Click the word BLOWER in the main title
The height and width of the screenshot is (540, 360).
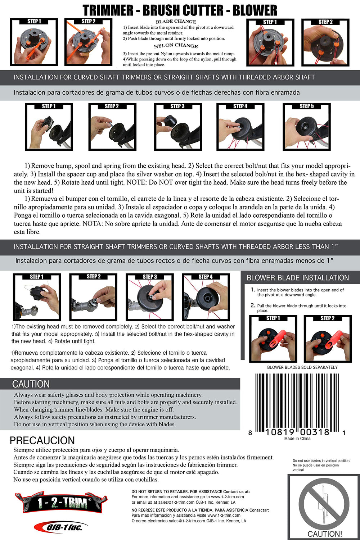coord(255,10)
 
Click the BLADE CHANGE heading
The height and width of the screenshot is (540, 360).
coord(176,22)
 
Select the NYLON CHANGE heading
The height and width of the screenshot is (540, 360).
coord(176,46)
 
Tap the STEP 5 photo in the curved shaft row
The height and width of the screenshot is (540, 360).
coord(306,127)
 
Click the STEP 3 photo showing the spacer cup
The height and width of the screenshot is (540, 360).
coord(178,127)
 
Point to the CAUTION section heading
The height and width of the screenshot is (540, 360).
coord(31,384)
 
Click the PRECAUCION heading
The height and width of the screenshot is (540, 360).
coord(42,440)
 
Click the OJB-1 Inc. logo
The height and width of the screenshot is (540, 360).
coord(61,527)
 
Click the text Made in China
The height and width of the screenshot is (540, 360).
coord(297,439)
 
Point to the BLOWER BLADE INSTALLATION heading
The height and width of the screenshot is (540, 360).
coord(298,278)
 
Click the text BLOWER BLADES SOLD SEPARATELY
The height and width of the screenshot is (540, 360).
coord(302,367)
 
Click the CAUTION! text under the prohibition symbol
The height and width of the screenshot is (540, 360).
coord(324,534)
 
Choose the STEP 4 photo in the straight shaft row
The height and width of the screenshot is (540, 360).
coord(206,297)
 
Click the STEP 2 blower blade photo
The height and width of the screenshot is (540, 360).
coord(328,339)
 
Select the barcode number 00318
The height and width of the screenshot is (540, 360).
coord(315,432)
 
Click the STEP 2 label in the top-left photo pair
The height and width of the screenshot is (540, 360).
coord(88,21)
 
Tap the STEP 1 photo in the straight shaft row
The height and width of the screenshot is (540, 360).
coord(37,297)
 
